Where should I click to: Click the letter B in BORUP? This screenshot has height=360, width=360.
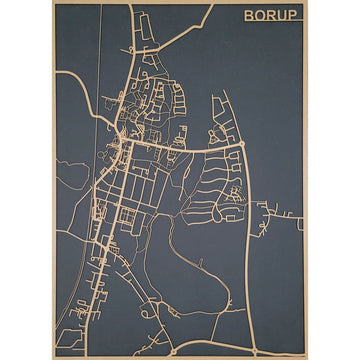[x=250, y=16]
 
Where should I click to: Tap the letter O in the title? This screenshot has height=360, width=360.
[x=262, y=16]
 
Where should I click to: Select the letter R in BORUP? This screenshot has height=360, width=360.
[x=274, y=16]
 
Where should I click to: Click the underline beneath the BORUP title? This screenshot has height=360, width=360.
[x=273, y=25]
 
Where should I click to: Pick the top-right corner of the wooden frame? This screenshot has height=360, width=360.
[x=306, y=3]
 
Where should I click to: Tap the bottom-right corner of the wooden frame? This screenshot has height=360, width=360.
[x=306, y=357]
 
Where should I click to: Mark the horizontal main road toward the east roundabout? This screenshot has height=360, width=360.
[x=190, y=145]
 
